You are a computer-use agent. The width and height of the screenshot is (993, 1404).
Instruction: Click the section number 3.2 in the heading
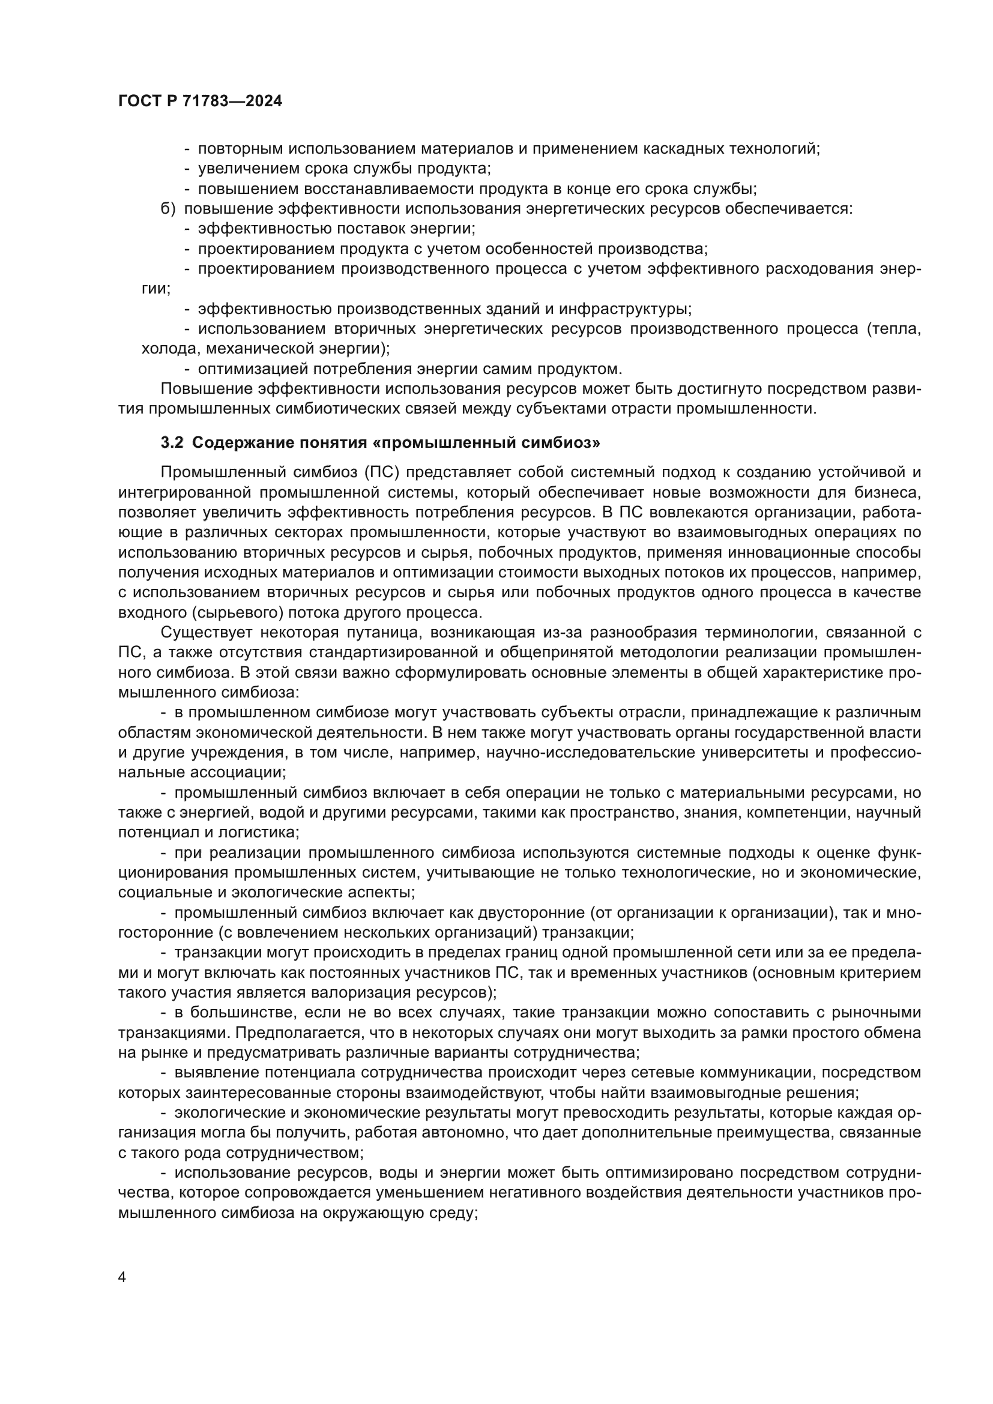[x=172, y=443]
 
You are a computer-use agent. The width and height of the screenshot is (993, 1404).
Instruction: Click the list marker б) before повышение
[x=168, y=209]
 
